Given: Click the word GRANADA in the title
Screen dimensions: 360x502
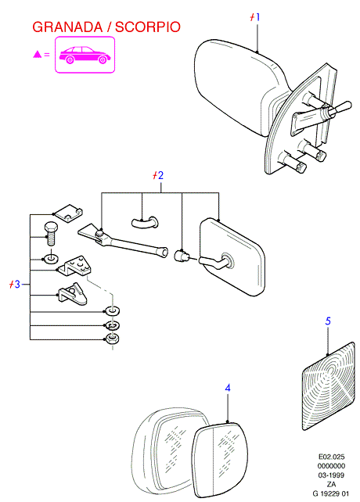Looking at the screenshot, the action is [67, 27].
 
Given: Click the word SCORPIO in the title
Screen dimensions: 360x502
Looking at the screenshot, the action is [148, 27].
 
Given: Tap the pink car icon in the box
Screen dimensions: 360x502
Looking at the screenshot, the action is [85, 55].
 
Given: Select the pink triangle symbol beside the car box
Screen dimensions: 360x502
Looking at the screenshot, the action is [38, 55].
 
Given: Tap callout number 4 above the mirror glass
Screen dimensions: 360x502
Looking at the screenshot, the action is [228, 388].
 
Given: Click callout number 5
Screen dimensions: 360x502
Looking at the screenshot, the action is [328, 321].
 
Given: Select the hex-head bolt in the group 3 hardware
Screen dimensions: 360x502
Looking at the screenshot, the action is [50, 234].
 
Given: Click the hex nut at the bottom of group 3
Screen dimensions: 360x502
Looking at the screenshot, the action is [112, 338].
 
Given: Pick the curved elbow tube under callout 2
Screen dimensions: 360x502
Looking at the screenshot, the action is [145, 222].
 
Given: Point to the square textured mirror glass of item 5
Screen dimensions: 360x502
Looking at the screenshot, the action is [329, 385].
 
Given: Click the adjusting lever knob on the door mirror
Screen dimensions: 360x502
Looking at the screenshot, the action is [341, 107].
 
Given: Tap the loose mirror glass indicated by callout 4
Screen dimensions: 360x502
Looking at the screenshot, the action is [221, 459].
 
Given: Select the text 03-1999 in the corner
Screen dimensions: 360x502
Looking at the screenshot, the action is [331, 475].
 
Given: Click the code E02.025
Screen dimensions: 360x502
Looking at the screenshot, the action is [331, 457].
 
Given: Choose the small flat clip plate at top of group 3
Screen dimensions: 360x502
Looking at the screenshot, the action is [68, 213].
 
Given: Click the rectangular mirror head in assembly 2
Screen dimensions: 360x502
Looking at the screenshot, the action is [232, 257].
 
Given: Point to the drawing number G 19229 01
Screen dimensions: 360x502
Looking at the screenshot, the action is [330, 493].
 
